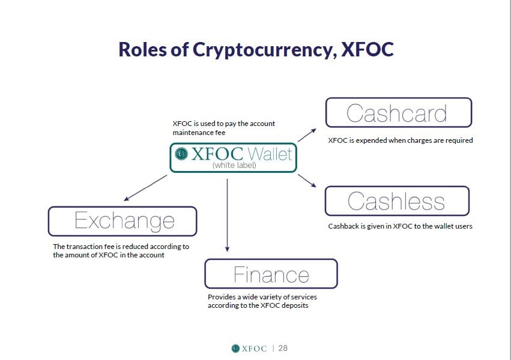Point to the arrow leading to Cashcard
tap(307, 135)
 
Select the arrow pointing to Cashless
tap(307, 181)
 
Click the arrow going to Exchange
tap(145, 188)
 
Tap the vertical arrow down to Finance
tap(227, 215)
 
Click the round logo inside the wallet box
tap(181, 154)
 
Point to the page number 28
tap(283, 348)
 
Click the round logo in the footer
tap(235, 349)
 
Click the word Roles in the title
tap(142, 49)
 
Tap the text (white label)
tap(234, 166)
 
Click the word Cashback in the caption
tap(343, 226)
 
